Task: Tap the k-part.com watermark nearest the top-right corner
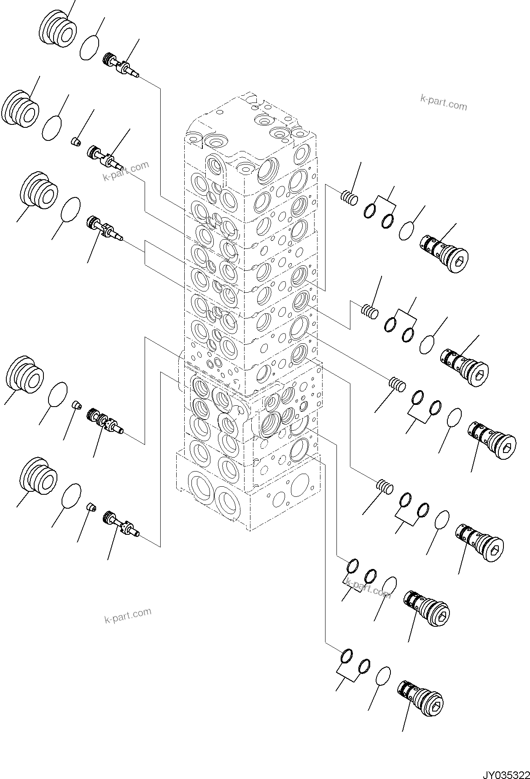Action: [444, 102]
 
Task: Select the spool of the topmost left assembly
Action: [122, 67]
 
